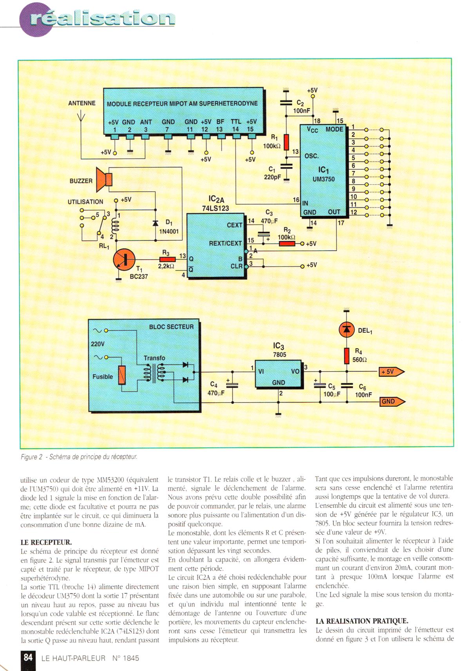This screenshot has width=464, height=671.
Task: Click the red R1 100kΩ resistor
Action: pos(286,142)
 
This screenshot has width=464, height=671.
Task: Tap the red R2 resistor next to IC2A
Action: pos(287,244)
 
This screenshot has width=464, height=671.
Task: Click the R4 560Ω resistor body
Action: pos(346,355)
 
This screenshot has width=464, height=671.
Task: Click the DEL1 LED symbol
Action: pos(346,330)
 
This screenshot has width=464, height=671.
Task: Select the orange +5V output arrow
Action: pos(391,372)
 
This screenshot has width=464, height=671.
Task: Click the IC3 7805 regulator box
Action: pos(278,374)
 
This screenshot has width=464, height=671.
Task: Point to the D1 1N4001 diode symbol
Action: pos(155,223)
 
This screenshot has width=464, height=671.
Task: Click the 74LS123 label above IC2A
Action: pos(215,209)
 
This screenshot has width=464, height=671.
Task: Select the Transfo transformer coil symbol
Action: pos(155,373)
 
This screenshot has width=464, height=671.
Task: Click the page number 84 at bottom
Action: pos(28,657)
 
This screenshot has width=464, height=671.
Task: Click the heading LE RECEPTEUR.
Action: pos(46,542)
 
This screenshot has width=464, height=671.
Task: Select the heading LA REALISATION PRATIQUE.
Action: pos(362,621)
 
